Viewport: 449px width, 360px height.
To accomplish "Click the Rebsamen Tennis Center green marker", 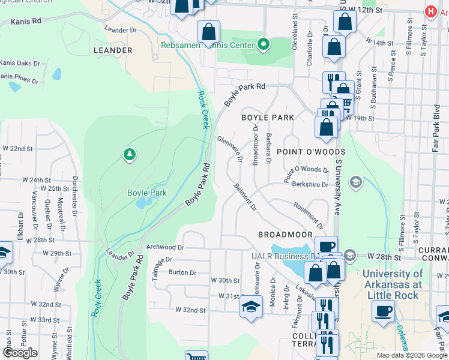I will tap(262, 44).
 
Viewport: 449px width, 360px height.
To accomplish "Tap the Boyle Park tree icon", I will tap(129, 155).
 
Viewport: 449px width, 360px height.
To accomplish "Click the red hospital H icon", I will tap(430, 11).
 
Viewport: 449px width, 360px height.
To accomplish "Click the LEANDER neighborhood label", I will tap(113, 50).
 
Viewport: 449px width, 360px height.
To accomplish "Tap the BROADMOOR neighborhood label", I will tap(285, 235).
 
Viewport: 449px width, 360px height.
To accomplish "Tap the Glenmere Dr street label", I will tap(231, 148).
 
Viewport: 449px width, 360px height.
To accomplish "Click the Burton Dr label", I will tap(182, 272).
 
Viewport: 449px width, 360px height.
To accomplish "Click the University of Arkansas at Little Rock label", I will tap(393, 280).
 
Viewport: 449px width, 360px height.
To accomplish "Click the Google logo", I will tap(20, 353).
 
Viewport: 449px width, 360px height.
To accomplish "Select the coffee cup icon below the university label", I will tap(383, 311).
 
